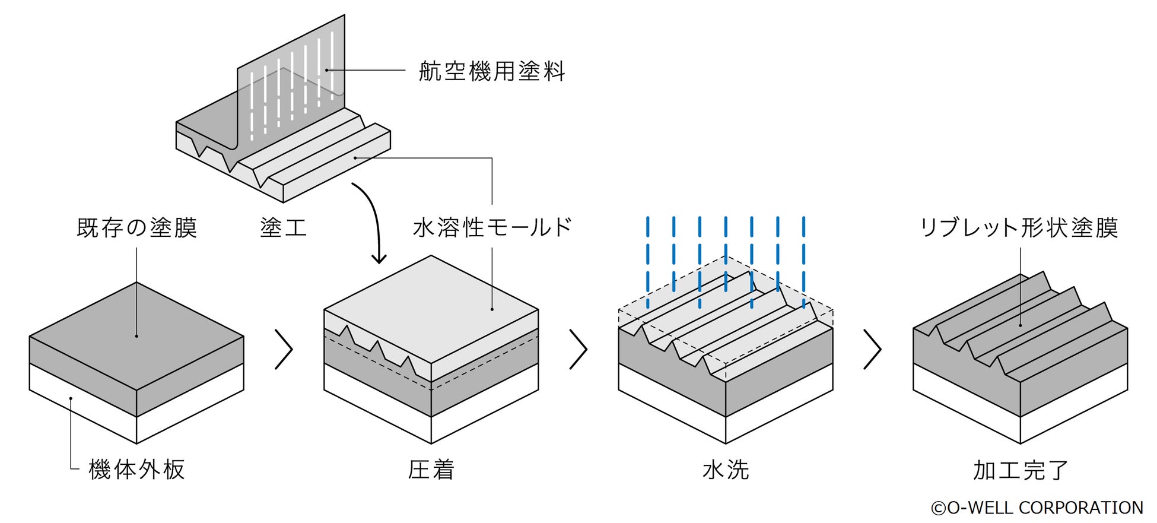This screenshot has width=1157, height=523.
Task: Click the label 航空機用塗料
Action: point(492,71)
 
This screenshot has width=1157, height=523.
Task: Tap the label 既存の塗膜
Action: point(137,227)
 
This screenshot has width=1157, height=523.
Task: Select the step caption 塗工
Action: point(284,227)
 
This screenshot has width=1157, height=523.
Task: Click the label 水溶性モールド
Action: point(492,227)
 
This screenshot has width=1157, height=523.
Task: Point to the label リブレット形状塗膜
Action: point(1019,227)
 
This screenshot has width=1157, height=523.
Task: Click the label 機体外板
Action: point(137,469)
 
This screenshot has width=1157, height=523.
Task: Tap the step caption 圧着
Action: point(431,470)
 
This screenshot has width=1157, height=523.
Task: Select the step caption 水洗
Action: point(726,470)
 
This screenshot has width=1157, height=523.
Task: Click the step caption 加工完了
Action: point(1021,470)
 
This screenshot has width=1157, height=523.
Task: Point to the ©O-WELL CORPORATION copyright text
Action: point(1037,508)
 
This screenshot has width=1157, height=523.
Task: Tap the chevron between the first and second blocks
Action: point(284,349)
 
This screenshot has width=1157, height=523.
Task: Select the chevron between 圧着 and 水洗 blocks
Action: point(578,349)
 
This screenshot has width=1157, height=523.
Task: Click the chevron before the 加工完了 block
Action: point(872,349)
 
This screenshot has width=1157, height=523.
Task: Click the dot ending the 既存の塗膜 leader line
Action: point(136,336)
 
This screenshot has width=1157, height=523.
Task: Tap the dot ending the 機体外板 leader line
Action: point(71,398)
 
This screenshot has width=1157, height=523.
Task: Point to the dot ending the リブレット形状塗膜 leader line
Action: point(1021,325)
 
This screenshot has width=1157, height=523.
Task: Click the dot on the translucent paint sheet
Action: point(326,70)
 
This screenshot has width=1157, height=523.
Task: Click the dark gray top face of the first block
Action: point(136,336)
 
